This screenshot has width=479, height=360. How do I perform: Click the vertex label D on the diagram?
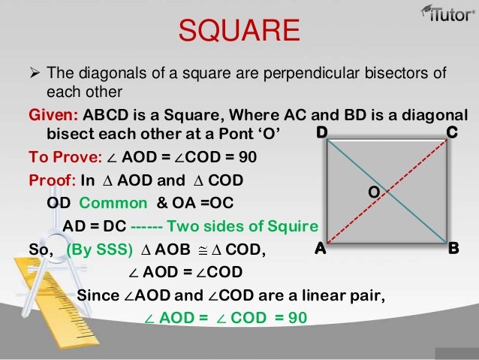(x=321, y=133)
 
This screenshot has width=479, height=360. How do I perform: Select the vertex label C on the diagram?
(x=452, y=133)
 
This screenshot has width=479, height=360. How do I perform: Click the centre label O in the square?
(x=372, y=192)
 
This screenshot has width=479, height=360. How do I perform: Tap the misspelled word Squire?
(x=296, y=225)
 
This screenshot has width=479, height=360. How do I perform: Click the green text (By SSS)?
(x=100, y=249)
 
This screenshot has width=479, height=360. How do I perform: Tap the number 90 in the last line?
(x=298, y=317)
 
